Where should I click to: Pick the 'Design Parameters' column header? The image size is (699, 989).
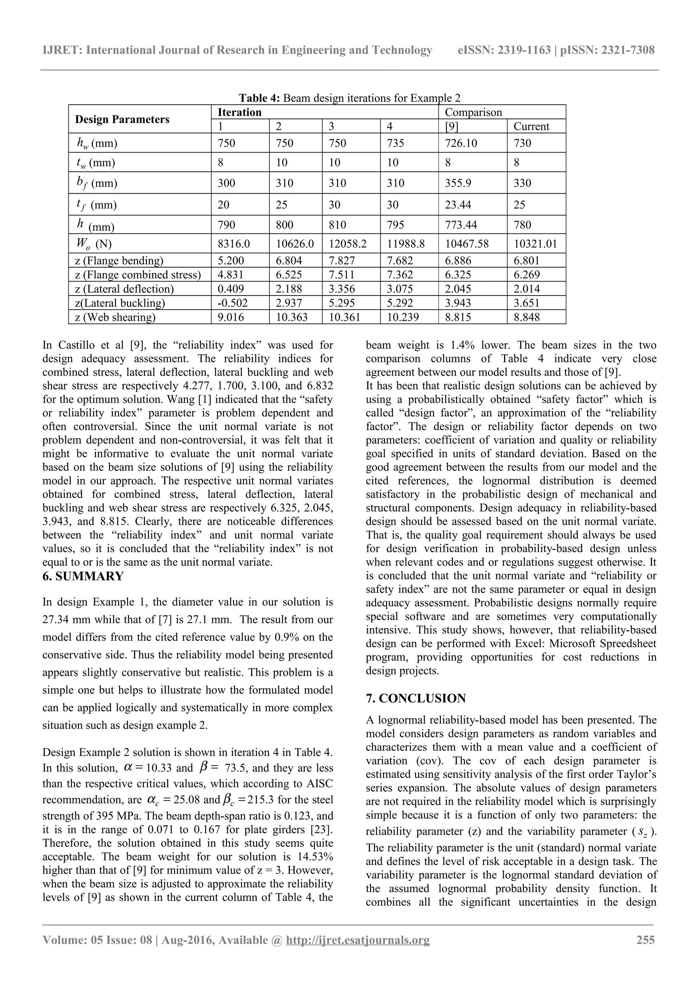pos(122,119)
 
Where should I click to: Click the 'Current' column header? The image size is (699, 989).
pos(531,126)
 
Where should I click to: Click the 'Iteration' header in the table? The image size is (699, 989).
pos(240,112)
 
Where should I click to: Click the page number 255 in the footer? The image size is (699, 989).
pos(645,940)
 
